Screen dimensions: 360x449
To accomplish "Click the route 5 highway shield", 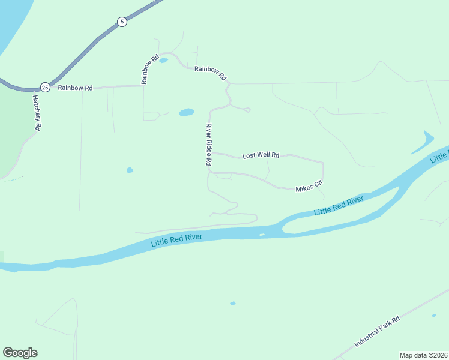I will [x=122, y=22].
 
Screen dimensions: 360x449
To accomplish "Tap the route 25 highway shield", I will [x=45, y=87].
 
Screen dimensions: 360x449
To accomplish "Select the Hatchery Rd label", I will [x=37, y=113].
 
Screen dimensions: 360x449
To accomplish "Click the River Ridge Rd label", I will [x=209, y=144].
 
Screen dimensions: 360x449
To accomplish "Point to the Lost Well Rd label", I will [x=261, y=155].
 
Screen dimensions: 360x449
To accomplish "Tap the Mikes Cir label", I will [x=309, y=187].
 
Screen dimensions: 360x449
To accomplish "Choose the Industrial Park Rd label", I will [x=377, y=332].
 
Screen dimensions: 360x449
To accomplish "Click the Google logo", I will [x=20, y=353].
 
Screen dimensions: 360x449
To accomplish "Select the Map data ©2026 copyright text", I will [x=423, y=355].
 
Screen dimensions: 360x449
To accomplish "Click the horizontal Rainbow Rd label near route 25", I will [x=75, y=88].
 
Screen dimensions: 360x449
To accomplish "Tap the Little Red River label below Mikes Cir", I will [x=339, y=205].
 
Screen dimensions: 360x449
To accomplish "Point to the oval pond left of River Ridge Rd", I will [x=187, y=112].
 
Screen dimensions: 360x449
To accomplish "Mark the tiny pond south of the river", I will [x=233, y=304].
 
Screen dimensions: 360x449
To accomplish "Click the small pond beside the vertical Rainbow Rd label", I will [x=163, y=61].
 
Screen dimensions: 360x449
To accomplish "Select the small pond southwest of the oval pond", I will [x=130, y=170].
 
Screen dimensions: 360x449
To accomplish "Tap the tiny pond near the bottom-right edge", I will [x=433, y=315].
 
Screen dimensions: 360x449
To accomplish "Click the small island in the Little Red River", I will [x=261, y=235].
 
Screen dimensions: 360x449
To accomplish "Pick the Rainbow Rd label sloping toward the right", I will [x=210, y=73].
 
